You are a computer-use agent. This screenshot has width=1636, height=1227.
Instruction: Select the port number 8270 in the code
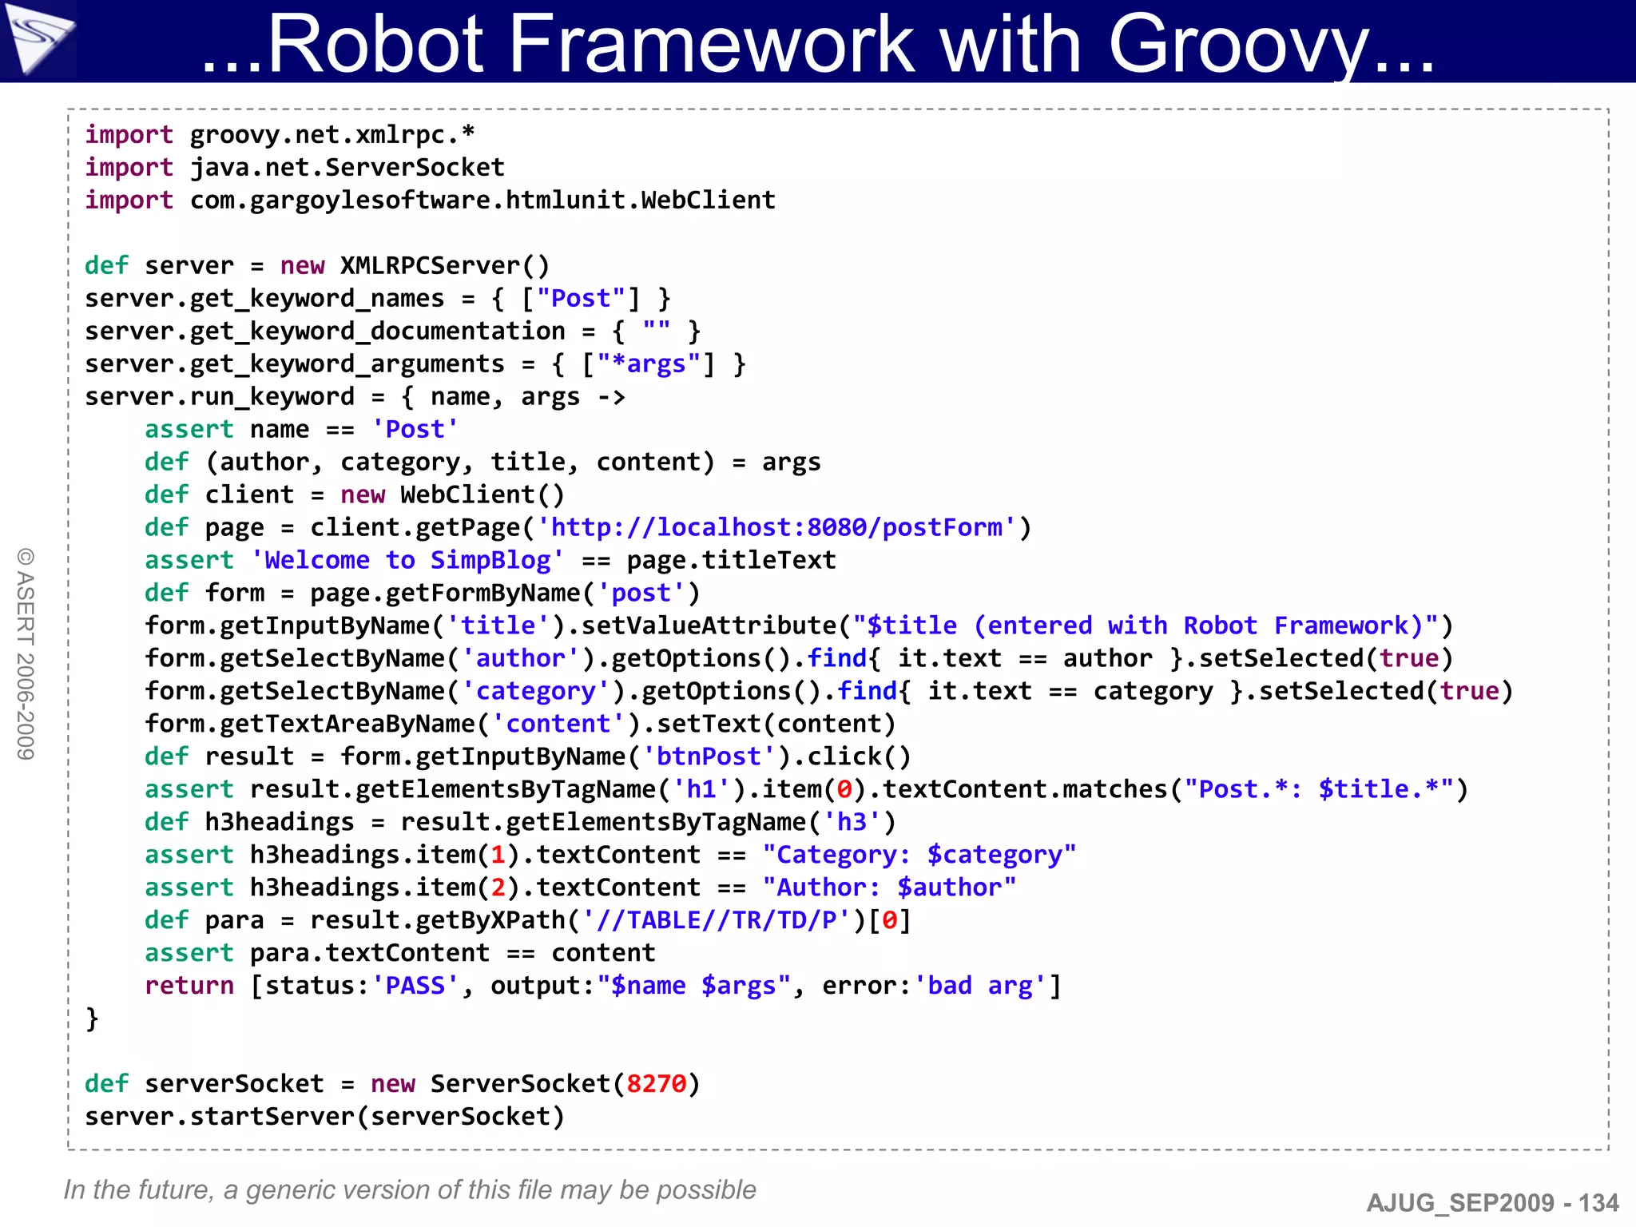coord(656,1084)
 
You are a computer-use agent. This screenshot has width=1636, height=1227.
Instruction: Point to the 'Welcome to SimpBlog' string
coord(407,561)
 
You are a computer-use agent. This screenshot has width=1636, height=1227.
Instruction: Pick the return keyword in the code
coord(189,986)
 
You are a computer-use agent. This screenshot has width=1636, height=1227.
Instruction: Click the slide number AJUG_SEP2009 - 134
coord(1492,1202)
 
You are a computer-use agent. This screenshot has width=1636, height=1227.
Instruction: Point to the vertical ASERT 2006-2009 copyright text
coord(26,654)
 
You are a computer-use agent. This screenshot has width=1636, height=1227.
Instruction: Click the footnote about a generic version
coord(409,1189)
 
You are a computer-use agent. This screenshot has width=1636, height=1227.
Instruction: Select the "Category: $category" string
coord(919,855)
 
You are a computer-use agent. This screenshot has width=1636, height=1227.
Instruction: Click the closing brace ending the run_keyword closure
coord(92,1019)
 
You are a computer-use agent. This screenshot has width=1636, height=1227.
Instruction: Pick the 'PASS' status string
coord(415,986)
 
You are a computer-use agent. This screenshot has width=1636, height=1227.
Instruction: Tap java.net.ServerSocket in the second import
coord(347,168)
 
